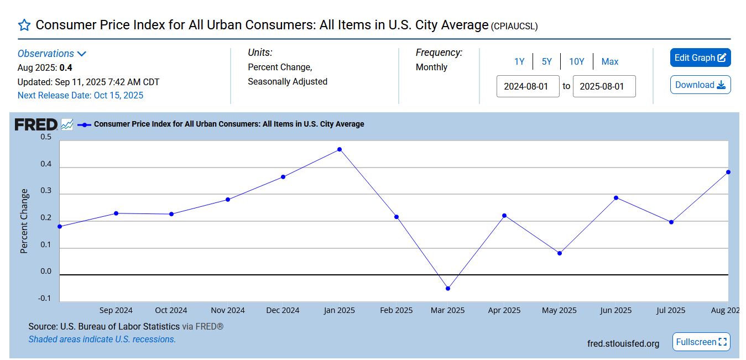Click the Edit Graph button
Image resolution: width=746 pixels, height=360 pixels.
700,58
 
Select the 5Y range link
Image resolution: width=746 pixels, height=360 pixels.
546,61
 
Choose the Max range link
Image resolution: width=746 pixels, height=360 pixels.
609,61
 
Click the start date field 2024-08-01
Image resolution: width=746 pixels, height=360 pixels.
528,86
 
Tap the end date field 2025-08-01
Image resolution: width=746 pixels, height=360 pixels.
604,86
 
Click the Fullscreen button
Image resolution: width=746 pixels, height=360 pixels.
701,342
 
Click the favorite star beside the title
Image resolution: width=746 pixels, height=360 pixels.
24,25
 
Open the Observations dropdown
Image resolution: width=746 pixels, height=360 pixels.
52,54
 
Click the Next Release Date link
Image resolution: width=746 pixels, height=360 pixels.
80,95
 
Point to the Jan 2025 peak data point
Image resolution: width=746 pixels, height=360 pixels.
340,149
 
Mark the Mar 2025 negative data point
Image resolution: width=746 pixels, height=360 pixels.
448,289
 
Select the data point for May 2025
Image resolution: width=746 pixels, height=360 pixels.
560,253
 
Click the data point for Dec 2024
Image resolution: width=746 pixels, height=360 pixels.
283,177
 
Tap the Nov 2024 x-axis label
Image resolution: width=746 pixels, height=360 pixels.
228,310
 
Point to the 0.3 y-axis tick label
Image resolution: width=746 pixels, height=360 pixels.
46,191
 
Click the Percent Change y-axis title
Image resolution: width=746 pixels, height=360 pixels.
24,221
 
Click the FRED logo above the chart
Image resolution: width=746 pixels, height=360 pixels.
35,124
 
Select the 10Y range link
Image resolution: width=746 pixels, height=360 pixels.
576,61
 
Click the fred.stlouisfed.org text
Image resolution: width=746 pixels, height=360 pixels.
623,343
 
